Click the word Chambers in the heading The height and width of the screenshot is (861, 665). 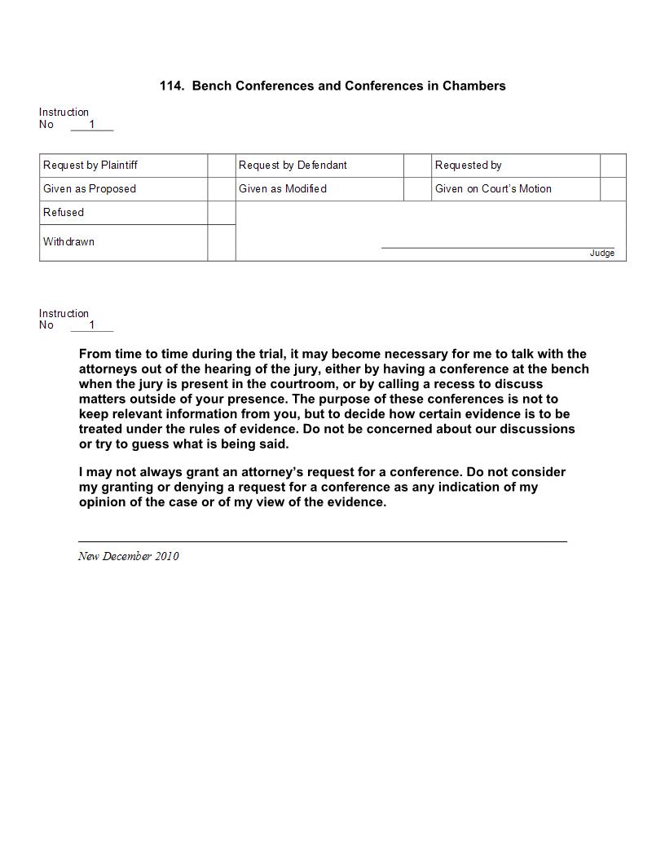pyautogui.click(x=473, y=86)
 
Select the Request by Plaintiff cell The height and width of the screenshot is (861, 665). pyautogui.click(x=90, y=166)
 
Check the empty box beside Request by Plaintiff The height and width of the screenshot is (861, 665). pyautogui.click(x=221, y=166)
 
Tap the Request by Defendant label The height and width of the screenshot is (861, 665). pyautogui.click(x=293, y=166)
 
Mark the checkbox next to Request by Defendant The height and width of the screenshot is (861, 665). pyautogui.click(x=417, y=166)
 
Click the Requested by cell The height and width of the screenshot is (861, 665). pyautogui.click(x=468, y=166)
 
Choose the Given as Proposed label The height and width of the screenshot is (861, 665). pyautogui.click(x=90, y=189)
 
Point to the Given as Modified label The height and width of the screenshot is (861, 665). pyautogui.click(x=282, y=189)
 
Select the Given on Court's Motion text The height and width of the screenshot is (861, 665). pyautogui.click(x=493, y=189)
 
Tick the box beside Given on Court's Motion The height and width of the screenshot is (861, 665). pyautogui.click(x=613, y=189)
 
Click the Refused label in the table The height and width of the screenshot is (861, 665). pyautogui.click(x=64, y=213)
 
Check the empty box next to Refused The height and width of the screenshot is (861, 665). pyautogui.click(x=221, y=213)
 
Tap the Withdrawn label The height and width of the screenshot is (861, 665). pyautogui.click(x=68, y=242)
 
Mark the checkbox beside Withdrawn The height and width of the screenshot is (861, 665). pyautogui.click(x=221, y=243)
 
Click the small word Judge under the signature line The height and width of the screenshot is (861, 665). pyautogui.click(x=602, y=254)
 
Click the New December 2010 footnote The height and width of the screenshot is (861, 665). pyautogui.click(x=129, y=556)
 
